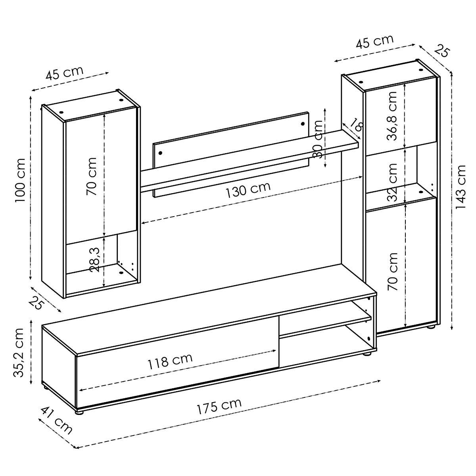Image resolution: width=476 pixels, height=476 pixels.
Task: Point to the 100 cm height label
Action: click(x=20, y=180)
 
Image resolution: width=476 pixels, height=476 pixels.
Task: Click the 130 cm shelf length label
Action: click(x=248, y=190)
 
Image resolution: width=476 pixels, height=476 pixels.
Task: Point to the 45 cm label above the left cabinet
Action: click(x=64, y=74)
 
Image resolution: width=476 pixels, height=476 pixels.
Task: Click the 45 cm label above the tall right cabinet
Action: click(x=374, y=41)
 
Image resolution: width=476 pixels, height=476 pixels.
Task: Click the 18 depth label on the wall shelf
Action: click(x=356, y=126)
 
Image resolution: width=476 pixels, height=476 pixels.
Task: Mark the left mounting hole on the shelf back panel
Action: click(x=160, y=152)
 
